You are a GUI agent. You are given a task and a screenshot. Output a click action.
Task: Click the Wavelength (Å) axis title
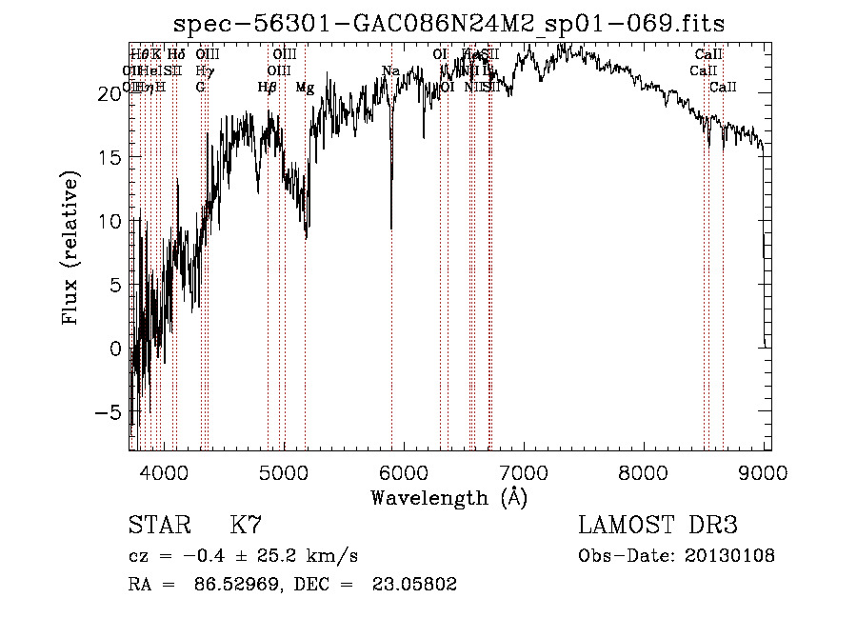click(448, 497)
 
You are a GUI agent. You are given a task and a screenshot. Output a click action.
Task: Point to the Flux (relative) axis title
click(70, 248)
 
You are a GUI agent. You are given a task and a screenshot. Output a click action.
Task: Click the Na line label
click(390, 71)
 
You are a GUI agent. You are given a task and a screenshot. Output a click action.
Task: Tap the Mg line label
click(305, 88)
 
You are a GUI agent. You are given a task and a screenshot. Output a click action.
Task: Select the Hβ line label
click(268, 88)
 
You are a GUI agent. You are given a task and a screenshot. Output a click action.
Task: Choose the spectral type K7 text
click(246, 525)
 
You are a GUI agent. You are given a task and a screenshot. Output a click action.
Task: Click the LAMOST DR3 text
click(657, 525)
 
